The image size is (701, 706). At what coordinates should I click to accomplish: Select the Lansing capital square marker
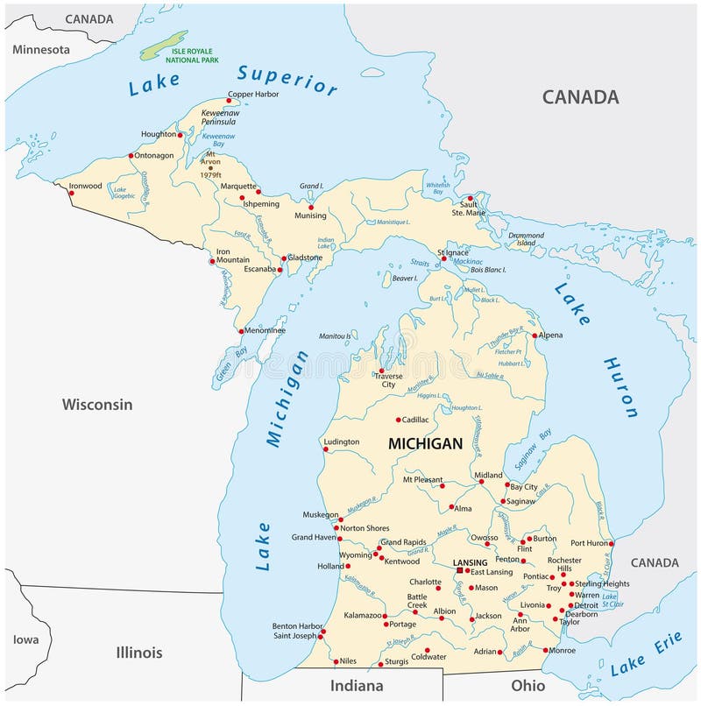tap(460, 570)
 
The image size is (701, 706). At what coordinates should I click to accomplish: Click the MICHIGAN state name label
tap(425, 444)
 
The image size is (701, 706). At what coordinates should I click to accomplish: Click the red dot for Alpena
tap(535, 335)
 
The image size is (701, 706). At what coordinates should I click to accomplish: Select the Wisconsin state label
tap(97, 404)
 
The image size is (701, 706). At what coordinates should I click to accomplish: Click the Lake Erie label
tap(646, 654)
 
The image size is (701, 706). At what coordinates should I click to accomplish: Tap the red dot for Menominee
tap(241, 331)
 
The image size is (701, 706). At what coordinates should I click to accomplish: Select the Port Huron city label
tap(589, 543)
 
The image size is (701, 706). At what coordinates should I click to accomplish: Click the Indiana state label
tap(357, 685)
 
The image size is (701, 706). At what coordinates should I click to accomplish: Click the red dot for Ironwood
tap(72, 193)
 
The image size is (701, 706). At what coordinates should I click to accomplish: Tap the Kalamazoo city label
tap(363, 616)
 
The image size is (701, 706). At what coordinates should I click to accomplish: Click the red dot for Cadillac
tap(399, 420)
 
